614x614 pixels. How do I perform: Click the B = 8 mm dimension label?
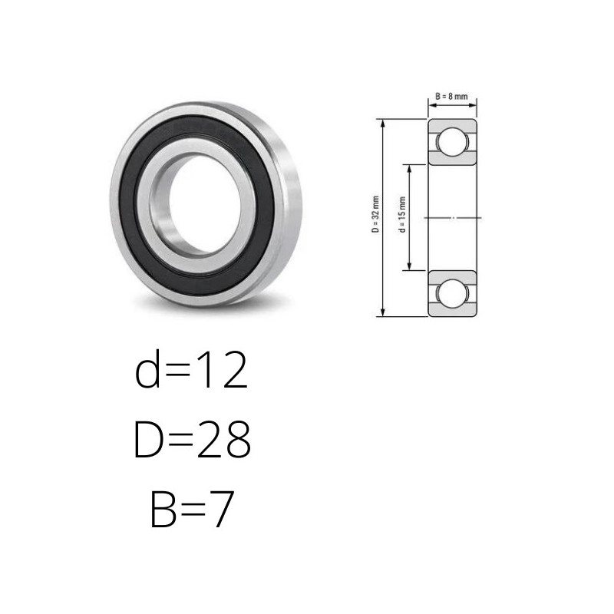tap(451, 97)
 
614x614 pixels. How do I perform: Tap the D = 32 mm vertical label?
tap(375, 214)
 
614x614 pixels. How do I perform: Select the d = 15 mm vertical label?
tap(401, 215)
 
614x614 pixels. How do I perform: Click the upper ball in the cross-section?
tap(452, 141)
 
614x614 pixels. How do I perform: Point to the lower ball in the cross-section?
tap(452, 293)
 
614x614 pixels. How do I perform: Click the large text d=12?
tap(191, 370)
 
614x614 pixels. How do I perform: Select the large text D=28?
tap(192, 439)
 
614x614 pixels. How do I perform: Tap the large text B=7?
tap(193, 508)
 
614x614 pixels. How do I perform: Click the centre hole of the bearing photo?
tap(205, 203)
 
